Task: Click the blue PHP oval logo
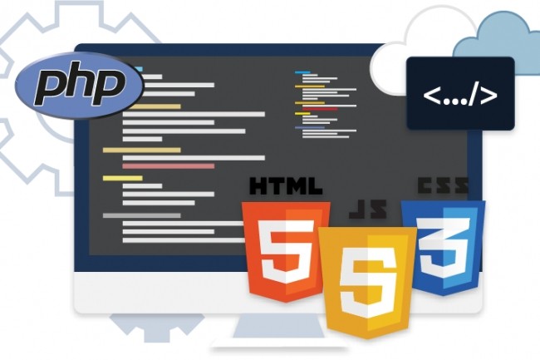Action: point(79,85)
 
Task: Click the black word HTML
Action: point(286,186)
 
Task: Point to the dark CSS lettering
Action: point(443,185)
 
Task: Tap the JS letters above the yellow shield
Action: point(368,209)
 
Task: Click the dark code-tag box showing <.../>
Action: point(460,93)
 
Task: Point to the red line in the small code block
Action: point(320,109)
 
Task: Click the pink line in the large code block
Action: point(169,166)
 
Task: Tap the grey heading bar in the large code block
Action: point(141,215)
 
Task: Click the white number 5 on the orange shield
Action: point(287,251)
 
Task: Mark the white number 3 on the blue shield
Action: point(444,245)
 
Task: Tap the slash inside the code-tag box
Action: point(474,95)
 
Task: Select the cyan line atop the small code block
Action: point(302,72)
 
